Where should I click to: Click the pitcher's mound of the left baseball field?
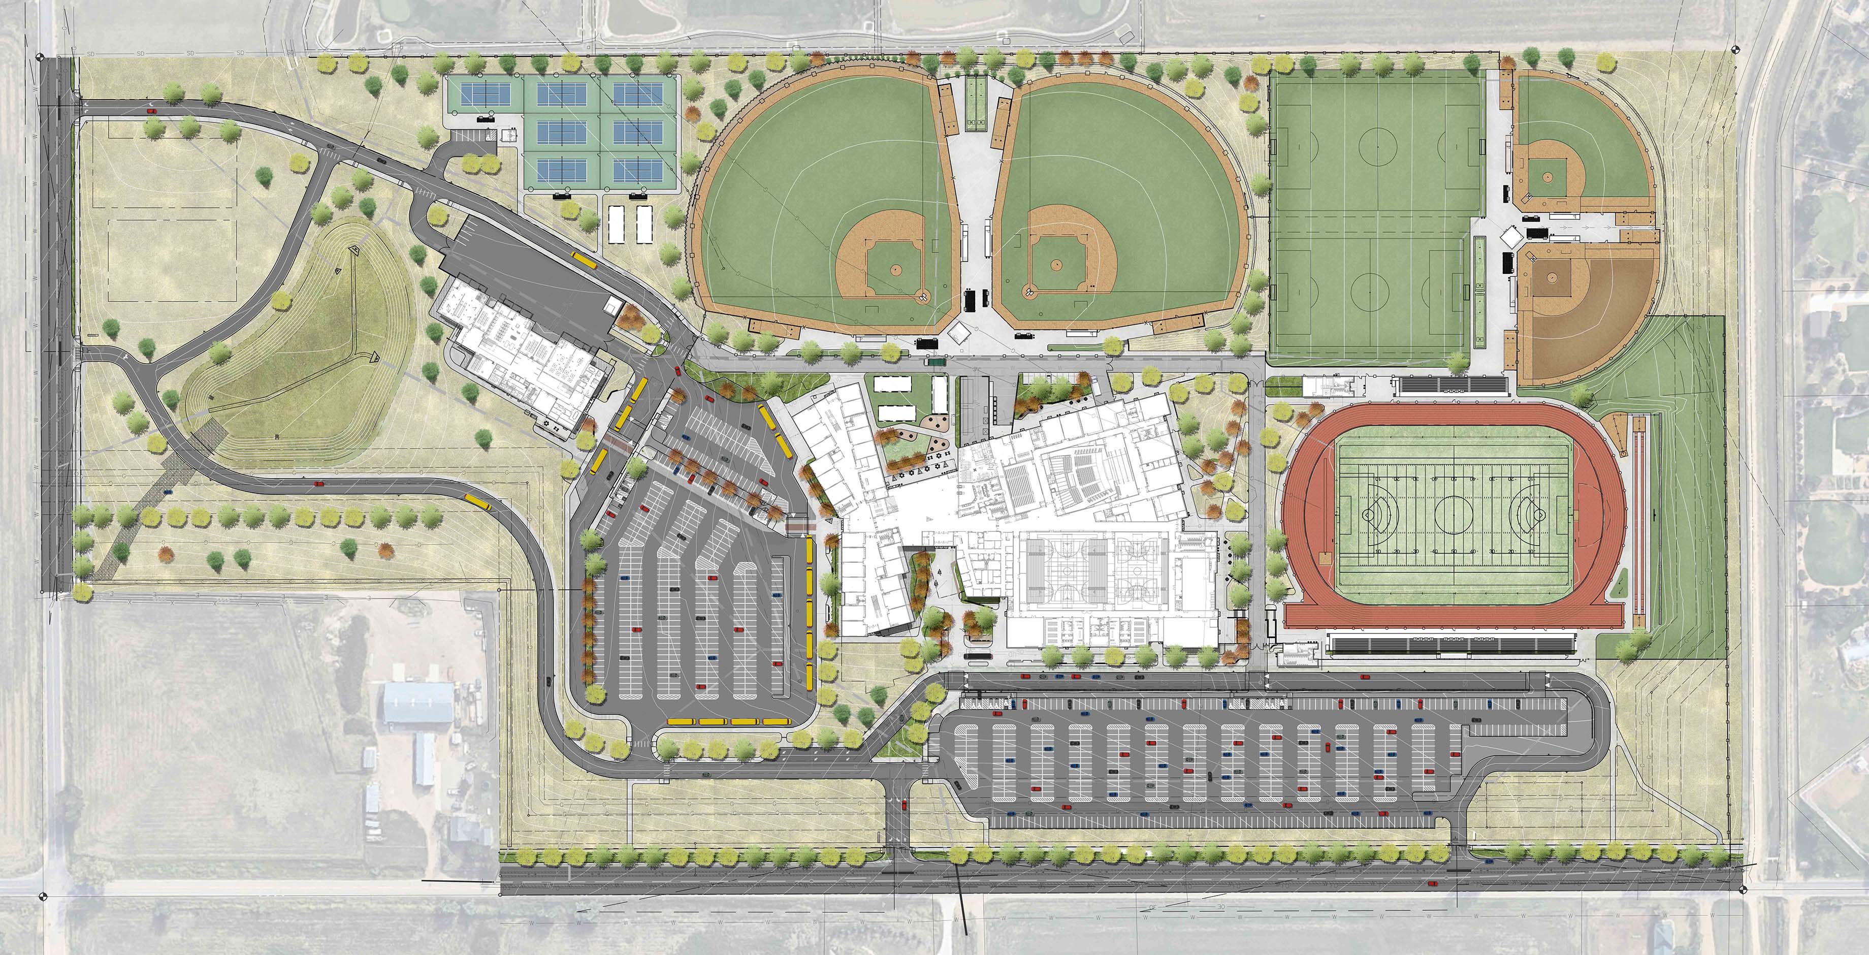click(x=894, y=270)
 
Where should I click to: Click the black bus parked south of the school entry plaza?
click(x=977, y=656)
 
